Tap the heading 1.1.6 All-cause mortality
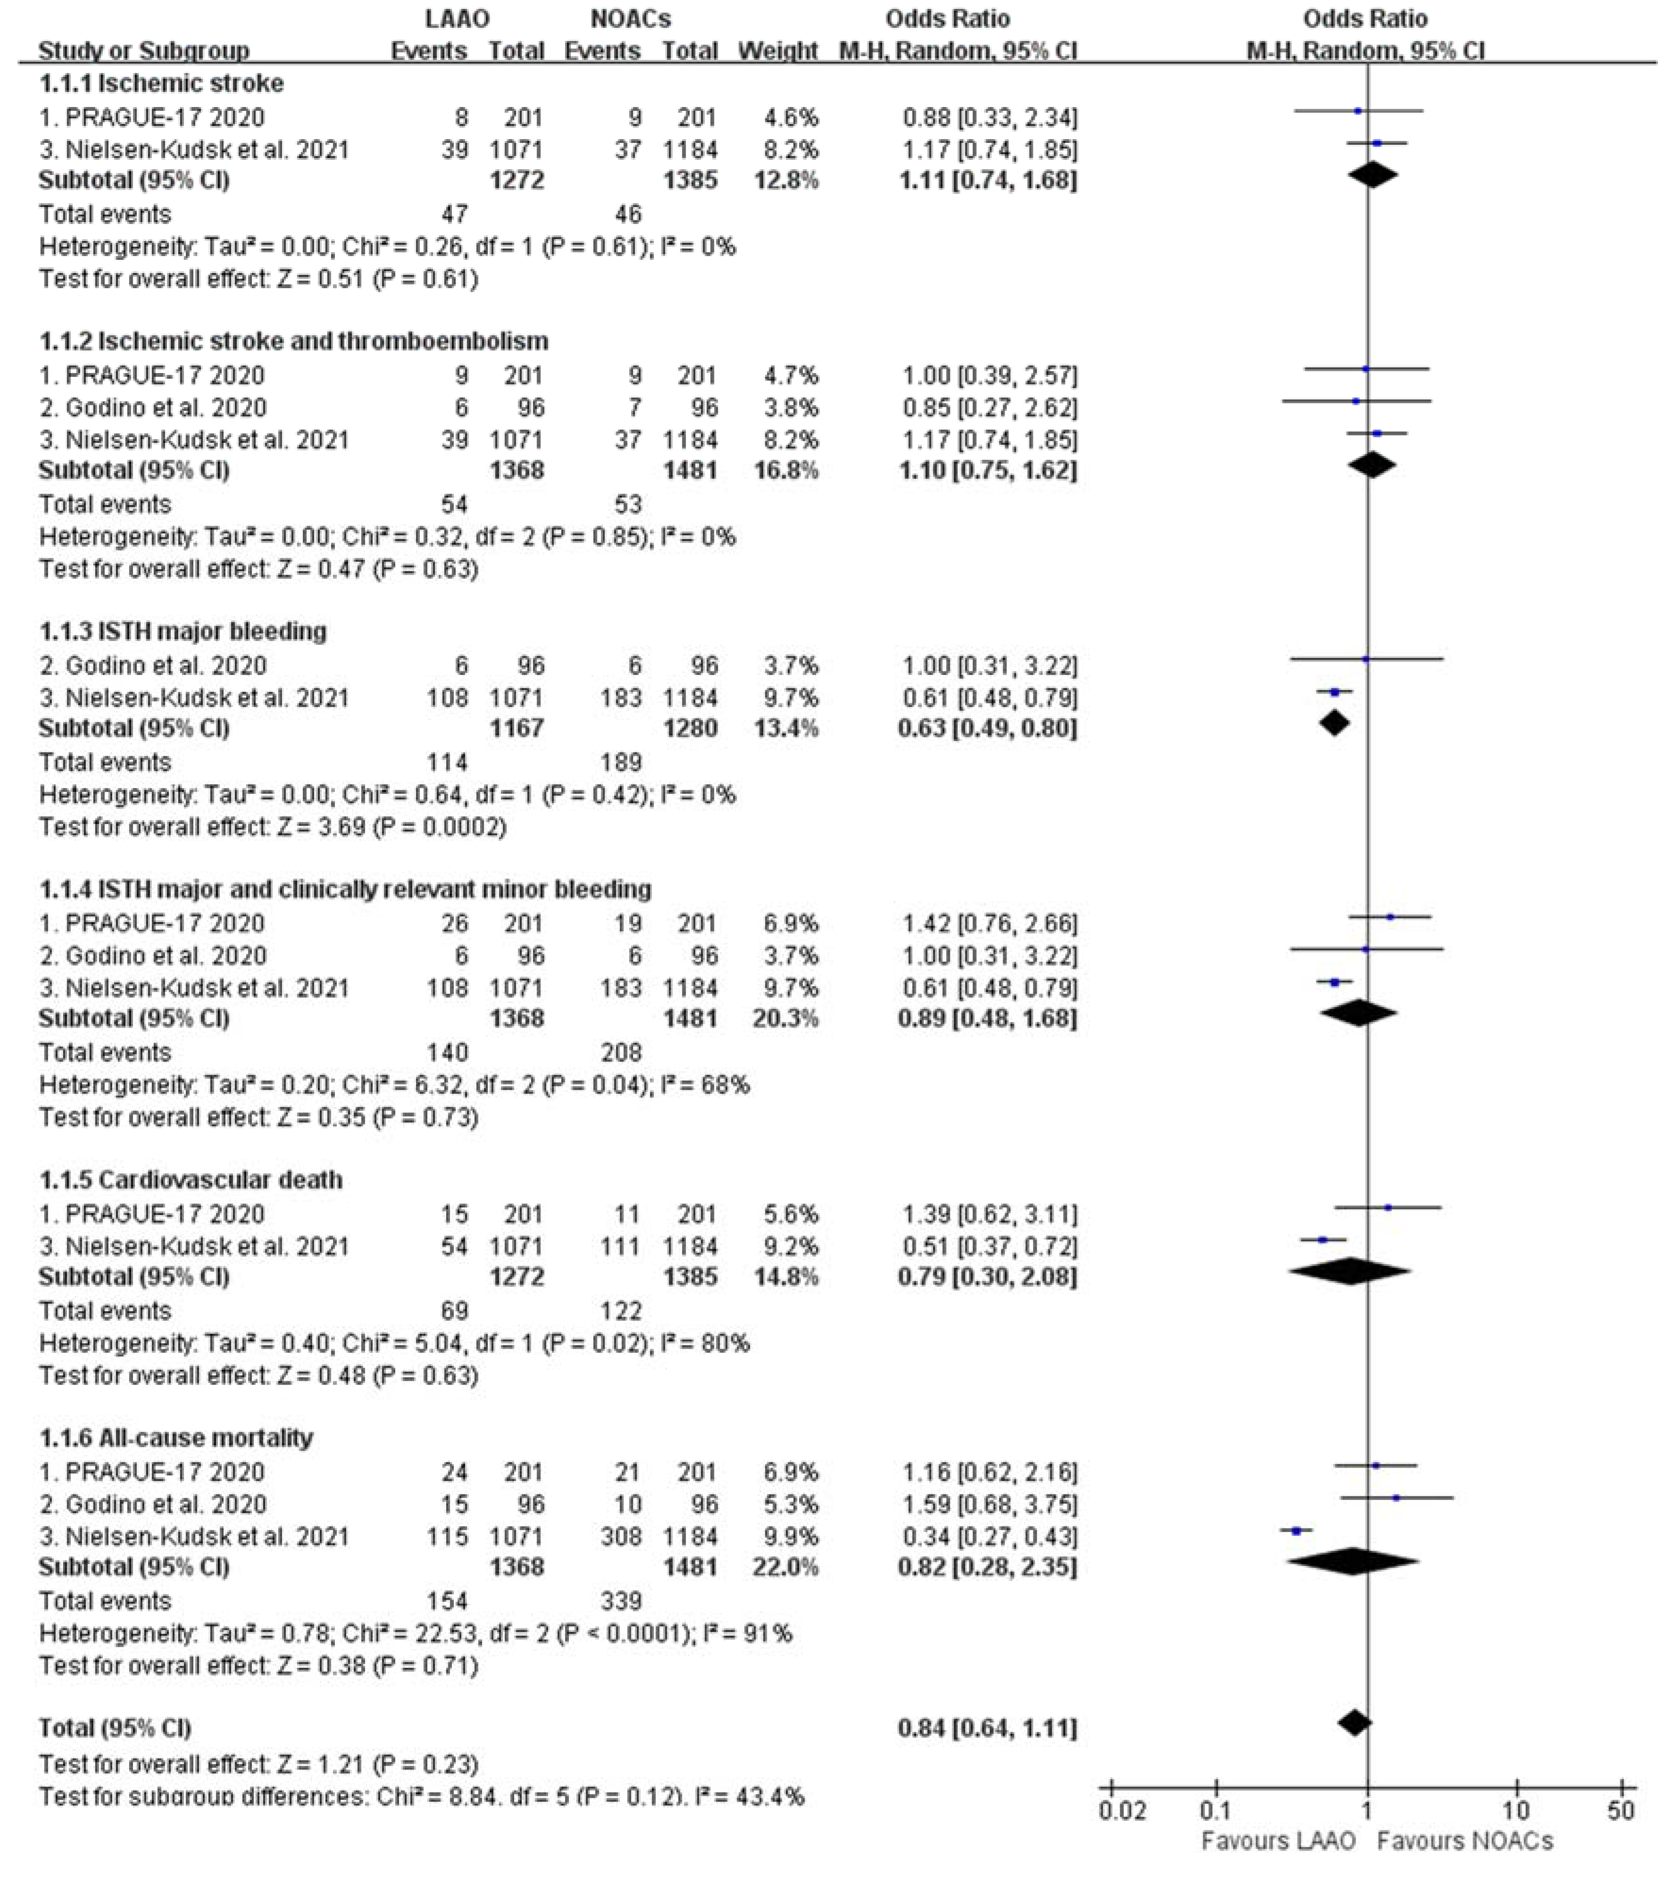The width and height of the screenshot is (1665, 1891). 176,1438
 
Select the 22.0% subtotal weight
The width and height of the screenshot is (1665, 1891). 785,1567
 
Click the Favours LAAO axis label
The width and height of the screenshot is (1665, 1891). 1278,1841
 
